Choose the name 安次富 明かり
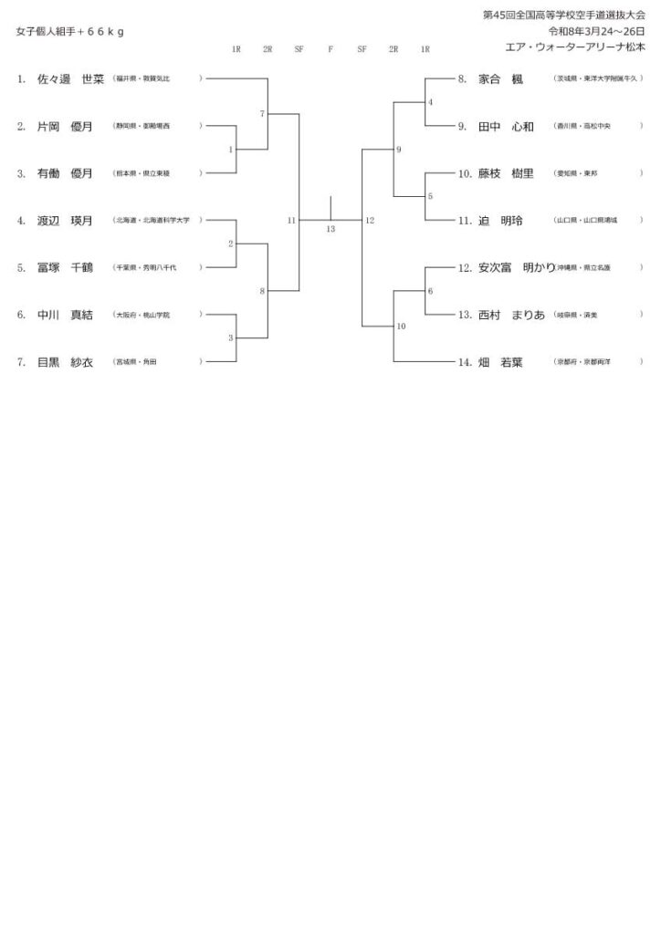coord(517,268)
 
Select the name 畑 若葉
coord(500,362)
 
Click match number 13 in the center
coord(330,229)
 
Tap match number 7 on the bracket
coord(262,114)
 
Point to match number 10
coord(401,326)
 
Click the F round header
coord(330,49)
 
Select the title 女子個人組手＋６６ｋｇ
coord(70,32)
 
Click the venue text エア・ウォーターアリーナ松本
coord(575,46)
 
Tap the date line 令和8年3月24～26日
coord(595,31)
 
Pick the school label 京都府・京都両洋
coord(583,362)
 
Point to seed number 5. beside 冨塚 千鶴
coord(21,268)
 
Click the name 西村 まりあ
coord(511,315)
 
